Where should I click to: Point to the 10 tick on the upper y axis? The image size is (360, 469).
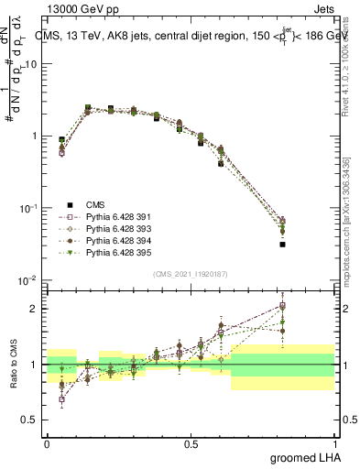point(32,64)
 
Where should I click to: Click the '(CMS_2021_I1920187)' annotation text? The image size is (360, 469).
point(191,274)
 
